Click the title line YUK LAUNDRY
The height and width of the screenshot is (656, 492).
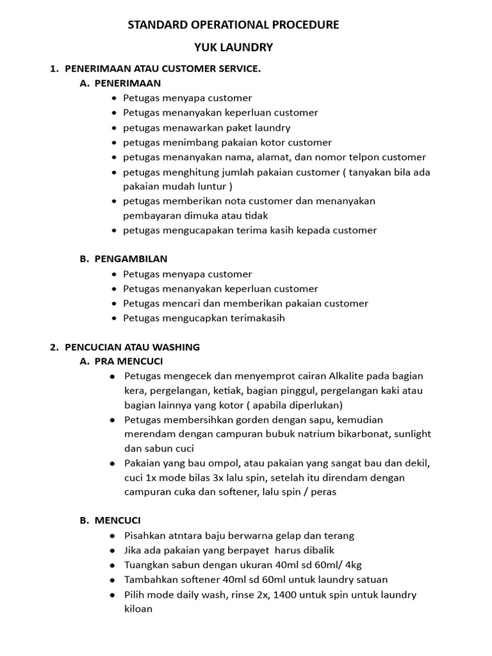pos(234,47)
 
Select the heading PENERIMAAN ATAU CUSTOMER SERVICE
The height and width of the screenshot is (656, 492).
pos(163,69)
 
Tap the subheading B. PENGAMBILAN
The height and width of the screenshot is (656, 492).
pos(124,259)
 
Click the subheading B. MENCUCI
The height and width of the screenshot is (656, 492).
pos(110,520)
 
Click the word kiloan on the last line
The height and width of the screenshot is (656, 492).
pos(138,609)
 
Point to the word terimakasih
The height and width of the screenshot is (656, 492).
pos(253,318)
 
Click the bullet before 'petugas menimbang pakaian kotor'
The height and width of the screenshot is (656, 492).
pos(113,142)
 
